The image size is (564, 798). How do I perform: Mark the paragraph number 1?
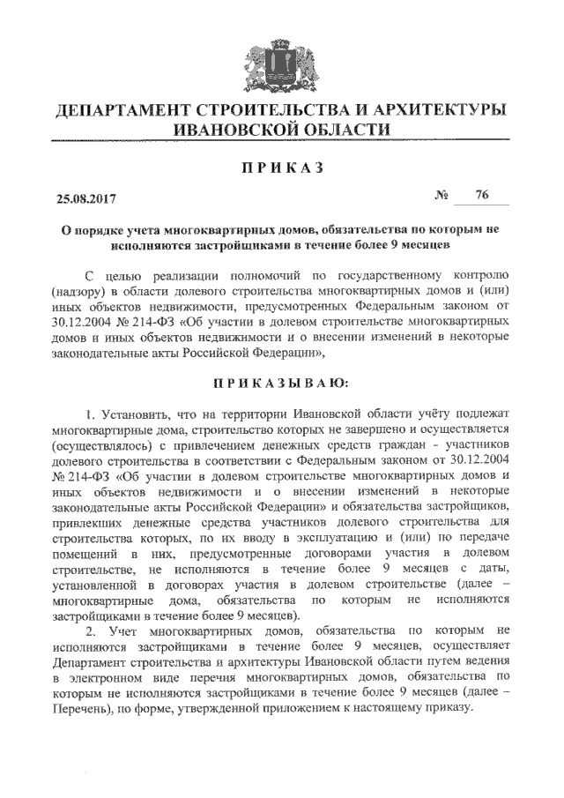(x=90, y=413)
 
